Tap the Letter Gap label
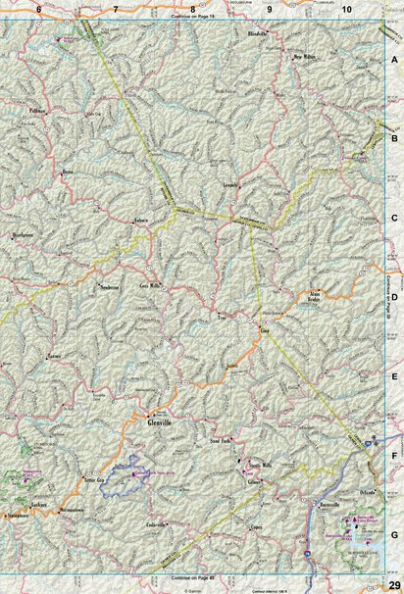tap(95, 478)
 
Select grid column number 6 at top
tap(37, 8)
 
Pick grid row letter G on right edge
tap(394, 535)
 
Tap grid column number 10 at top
tap(347, 8)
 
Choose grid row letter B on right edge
tap(394, 138)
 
